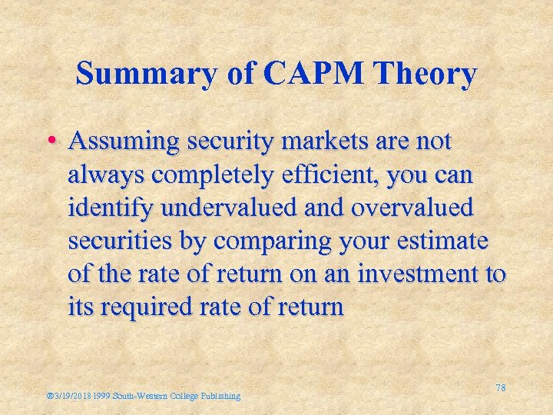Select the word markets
coord(326,142)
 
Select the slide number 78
coord(500,388)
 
